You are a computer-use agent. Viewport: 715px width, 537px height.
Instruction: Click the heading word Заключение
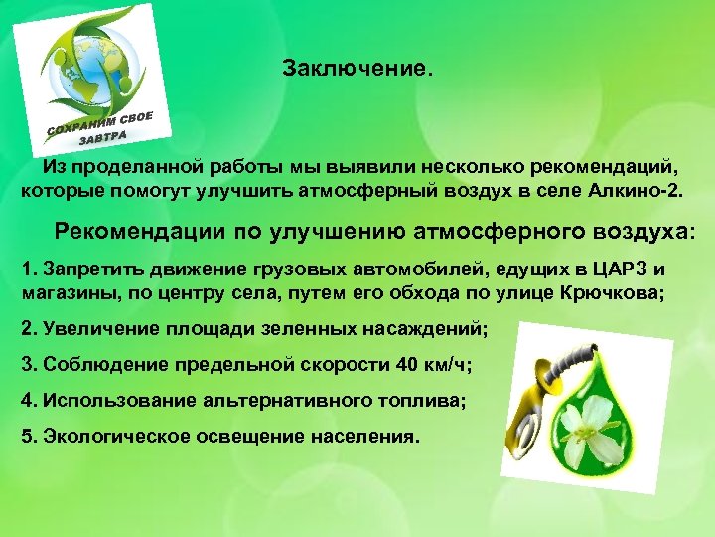357,71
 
